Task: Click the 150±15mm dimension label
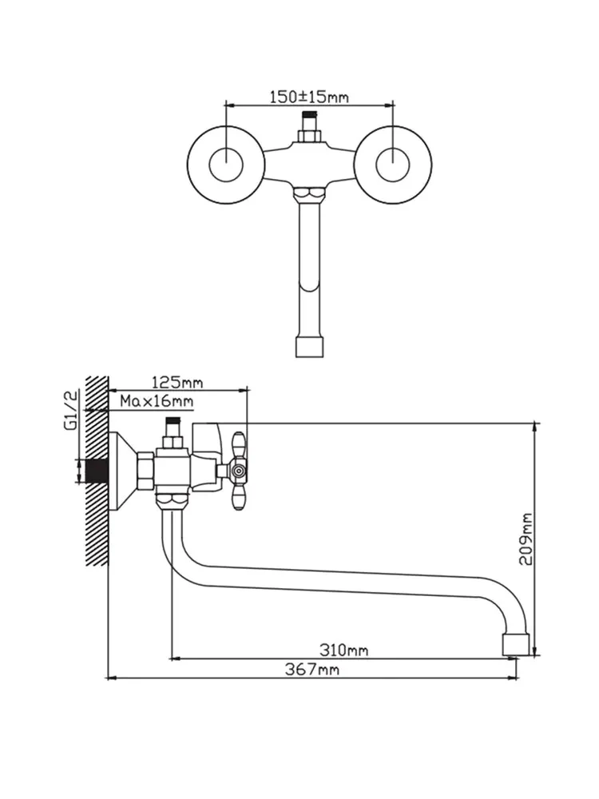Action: click(x=308, y=97)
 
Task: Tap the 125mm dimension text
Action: click(x=177, y=381)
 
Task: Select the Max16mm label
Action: click(x=157, y=401)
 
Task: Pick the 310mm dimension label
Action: click(x=343, y=650)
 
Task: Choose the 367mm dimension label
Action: click(x=312, y=669)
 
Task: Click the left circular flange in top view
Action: click(x=226, y=164)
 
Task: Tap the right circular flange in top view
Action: click(x=393, y=164)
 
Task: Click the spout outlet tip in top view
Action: click(x=310, y=346)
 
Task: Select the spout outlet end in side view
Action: click(x=517, y=645)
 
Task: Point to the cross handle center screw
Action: click(x=237, y=472)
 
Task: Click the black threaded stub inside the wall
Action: click(x=98, y=471)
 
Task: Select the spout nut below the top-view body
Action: click(x=310, y=193)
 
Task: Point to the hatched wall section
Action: click(x=97, y=471)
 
